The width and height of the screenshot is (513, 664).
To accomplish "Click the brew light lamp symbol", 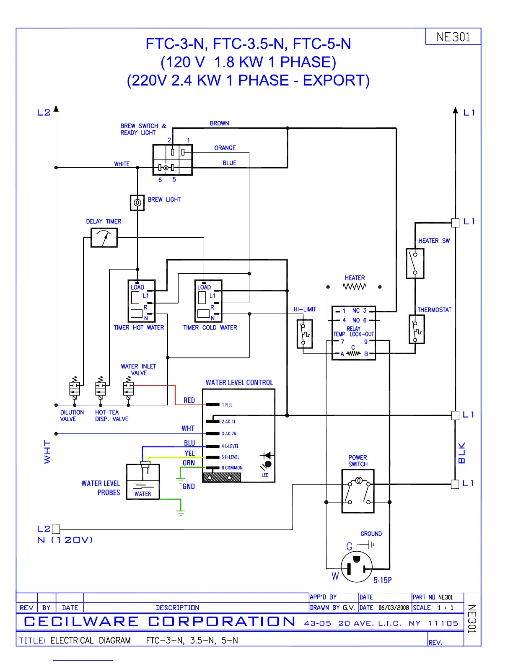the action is click(x=137, y=202).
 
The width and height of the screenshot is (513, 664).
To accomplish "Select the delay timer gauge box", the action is click(x=104, y=238).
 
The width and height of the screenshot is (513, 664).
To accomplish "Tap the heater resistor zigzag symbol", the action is click(x=354, y=287).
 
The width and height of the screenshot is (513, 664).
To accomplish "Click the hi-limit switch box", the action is click(x=305, y=334).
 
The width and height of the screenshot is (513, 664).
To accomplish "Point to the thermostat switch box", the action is click(x=417, y=329).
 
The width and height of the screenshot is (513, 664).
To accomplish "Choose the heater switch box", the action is click(x=415, y=263).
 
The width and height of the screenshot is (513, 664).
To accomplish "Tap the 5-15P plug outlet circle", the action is click(x=357, y=567).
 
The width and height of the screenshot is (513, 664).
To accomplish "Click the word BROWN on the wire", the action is click(x=219, y=123).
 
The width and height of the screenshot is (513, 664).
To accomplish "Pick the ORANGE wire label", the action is click(x=225, y=148).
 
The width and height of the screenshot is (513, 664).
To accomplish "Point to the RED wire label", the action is click(x=189, y=400).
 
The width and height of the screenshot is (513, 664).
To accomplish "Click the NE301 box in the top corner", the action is click(x=453, y=36).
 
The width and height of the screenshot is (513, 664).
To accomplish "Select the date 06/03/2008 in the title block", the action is click(x=394, y=607).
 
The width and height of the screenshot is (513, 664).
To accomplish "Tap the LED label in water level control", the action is click(x=265, y=475).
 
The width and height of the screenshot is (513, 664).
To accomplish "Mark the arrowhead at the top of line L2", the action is click(x=56, y=109).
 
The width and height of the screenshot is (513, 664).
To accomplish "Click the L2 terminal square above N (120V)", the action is click(x=56, y=529).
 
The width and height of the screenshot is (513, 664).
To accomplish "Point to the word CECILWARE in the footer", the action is click(x=81, y=622).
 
